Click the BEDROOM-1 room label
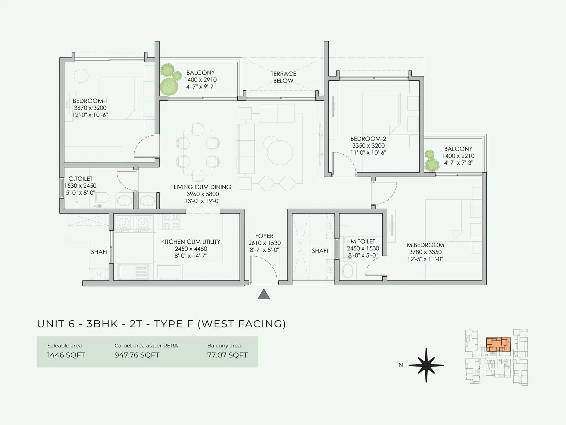[90, 101]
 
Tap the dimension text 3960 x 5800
[202, 194]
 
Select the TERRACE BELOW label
[283, 77]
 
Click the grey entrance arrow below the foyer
[264, 295]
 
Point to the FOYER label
[264, 236]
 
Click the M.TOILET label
[363, 242]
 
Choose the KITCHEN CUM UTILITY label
[191, 242]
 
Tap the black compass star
[426, 365]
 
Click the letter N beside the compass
[400, 365]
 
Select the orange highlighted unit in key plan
[498, 344]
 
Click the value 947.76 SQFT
[137, 355]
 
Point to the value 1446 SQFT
[66, 355]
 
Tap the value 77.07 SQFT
[227, 355]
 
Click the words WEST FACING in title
[241, 324]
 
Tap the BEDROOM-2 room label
[368, 139]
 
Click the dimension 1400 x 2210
[458, 156]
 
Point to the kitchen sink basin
[128, 272]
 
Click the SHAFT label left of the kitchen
[99, 252]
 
